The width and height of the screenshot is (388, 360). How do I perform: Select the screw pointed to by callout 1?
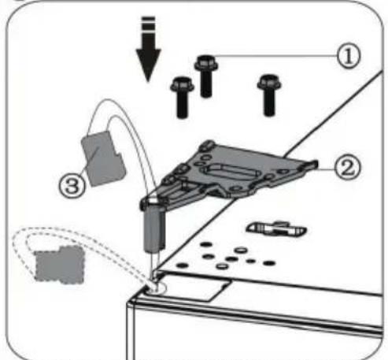click(x=206, y=75)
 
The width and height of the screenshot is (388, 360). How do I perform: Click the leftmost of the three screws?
click(x=182, y=95)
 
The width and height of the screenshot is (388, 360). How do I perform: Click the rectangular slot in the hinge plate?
click(x=230, y=170)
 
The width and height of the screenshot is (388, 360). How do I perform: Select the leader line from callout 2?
click(x=326, y=166)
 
